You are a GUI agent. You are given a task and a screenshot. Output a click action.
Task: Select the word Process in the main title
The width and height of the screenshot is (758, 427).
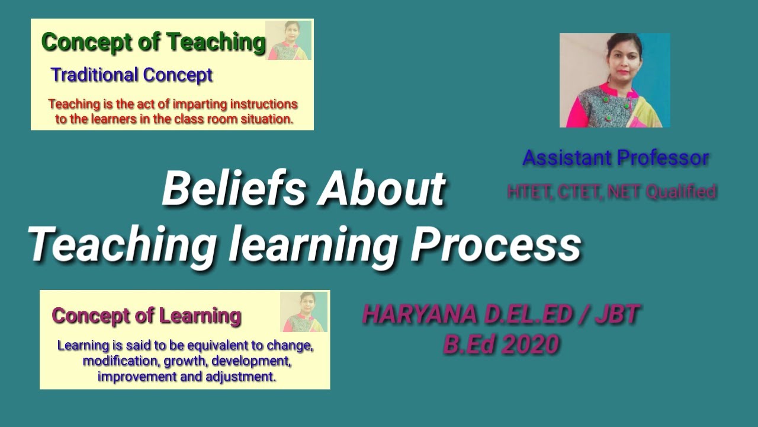tap(495, 245)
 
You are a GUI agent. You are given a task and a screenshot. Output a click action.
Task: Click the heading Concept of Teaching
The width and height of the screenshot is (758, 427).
tap(153, 42)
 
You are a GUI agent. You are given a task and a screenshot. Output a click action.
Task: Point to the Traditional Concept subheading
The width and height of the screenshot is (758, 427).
tap(131, 75)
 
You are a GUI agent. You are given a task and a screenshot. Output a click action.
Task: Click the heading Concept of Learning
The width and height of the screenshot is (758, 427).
tap(146, 316)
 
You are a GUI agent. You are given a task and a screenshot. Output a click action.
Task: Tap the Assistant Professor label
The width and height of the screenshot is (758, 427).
tap(615, 158)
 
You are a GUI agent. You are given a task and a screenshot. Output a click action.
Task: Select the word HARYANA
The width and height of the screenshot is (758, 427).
tap(420, 315)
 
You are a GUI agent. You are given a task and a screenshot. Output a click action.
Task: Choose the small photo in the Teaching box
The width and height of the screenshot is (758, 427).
tap(288, 40)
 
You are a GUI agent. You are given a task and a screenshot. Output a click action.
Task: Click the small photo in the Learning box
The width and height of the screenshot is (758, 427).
tap(304, 311)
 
